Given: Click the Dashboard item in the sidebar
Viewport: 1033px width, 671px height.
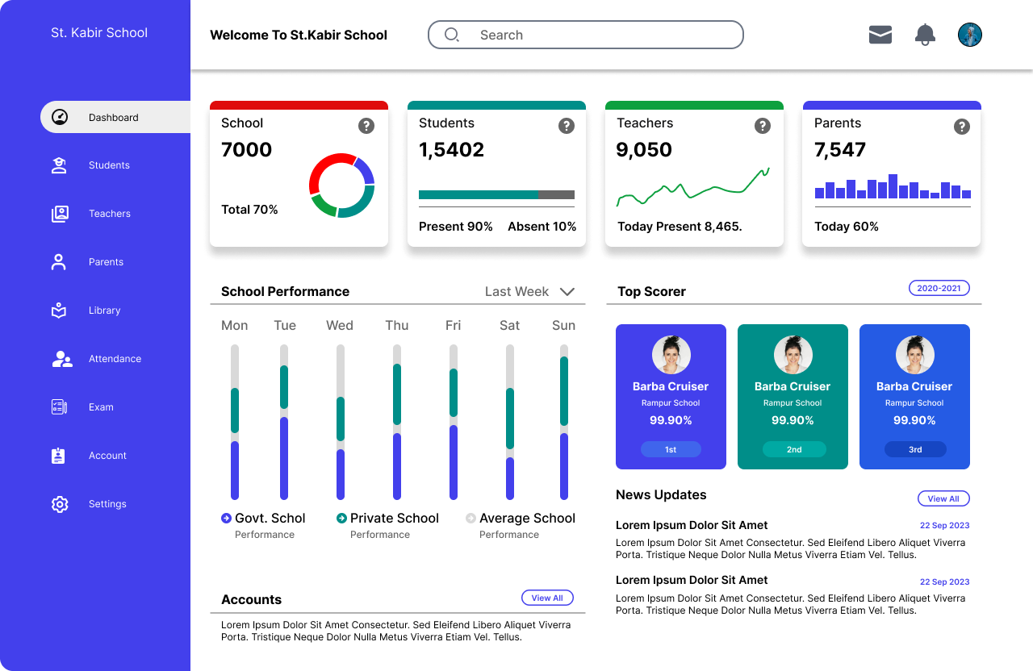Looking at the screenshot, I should tap(114, 118).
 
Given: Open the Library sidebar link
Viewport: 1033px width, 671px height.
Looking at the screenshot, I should tap(104, 310).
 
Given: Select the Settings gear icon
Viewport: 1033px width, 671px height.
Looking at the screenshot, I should tap(60, 504).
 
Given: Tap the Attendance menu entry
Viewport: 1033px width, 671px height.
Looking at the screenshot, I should tap(115, 359).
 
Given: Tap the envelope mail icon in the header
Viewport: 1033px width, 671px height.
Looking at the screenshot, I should tap(880, 35).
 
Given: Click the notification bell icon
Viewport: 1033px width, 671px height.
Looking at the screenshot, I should tap(925, 35).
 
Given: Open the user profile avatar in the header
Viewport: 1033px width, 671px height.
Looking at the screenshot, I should tap(969, 35).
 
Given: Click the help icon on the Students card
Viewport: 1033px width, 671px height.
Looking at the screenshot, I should tap(567, 126).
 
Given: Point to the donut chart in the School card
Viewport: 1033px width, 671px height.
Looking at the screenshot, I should tap(341, 185).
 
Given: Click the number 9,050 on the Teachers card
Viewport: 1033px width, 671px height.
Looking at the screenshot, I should tap(643, 150).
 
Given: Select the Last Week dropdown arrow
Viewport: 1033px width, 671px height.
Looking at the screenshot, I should tap(567, 292).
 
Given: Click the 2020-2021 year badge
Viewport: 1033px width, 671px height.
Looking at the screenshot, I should tap(939, 288).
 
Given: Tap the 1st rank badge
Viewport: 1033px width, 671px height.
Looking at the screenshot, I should tap(671, 449).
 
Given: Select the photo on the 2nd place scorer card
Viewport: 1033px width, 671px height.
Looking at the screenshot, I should tap(793, 355).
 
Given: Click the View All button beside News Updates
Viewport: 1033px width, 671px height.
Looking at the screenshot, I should tap(943, 498).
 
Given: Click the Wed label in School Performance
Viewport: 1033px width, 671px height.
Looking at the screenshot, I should tap(340, 326).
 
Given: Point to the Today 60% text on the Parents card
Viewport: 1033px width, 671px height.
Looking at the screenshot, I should tap(847, 227).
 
